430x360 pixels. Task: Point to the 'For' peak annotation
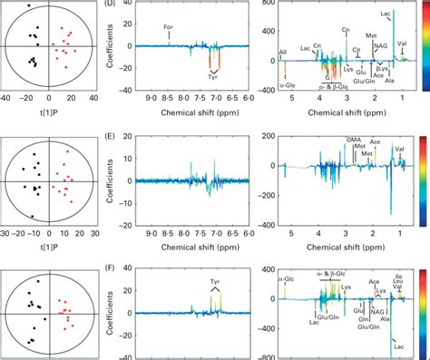pos(169,28)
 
